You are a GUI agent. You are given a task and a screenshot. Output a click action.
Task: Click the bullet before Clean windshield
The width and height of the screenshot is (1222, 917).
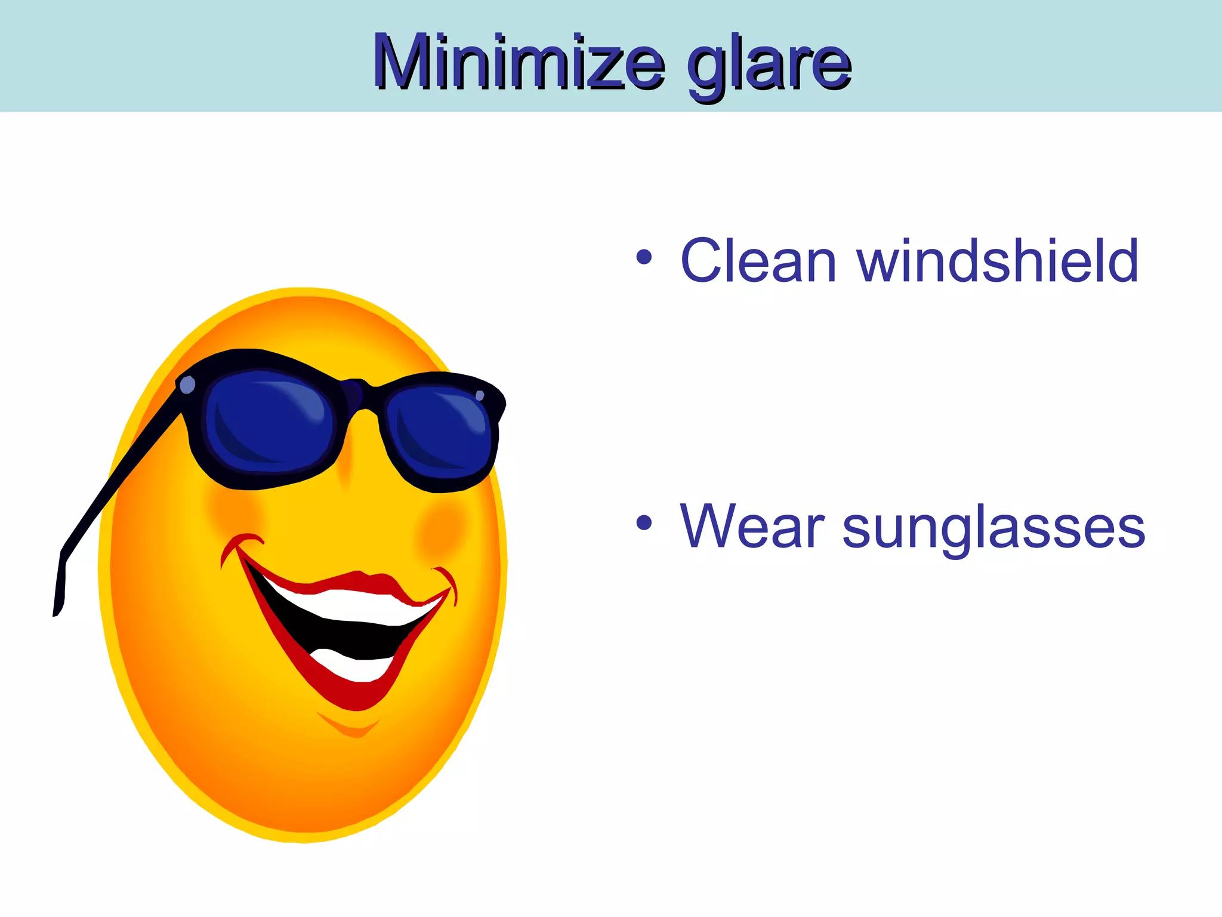click(644, 258)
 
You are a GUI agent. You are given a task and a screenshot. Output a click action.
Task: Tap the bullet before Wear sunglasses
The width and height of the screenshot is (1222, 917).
click(644, 524)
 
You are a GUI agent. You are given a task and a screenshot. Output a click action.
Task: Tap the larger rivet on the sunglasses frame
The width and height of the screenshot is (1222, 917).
click(187, 385)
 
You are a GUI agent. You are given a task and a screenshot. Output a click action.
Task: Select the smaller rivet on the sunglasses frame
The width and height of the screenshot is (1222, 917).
click(480, 395)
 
